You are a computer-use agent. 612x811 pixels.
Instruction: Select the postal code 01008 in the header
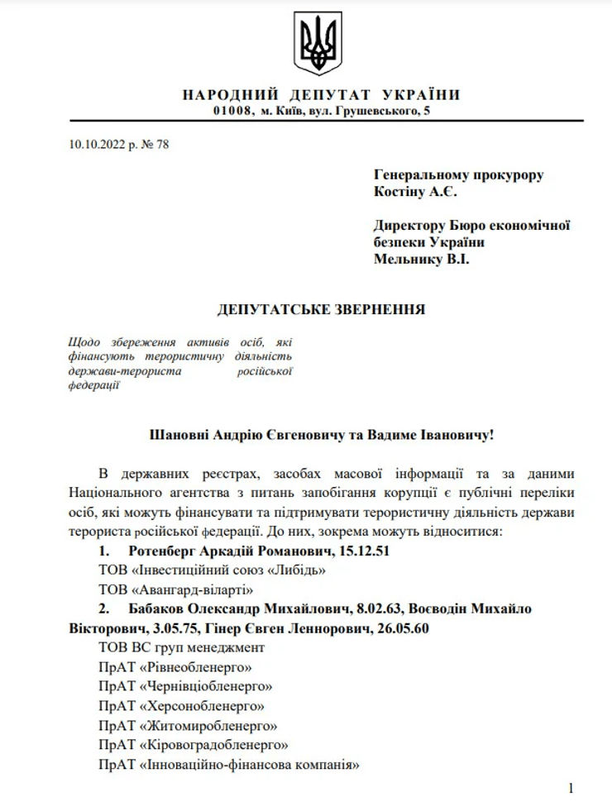232,110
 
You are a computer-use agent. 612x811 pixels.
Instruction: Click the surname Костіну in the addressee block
401,193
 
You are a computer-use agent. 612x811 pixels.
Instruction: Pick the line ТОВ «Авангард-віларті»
175,589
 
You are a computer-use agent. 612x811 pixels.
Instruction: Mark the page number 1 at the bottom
571,789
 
